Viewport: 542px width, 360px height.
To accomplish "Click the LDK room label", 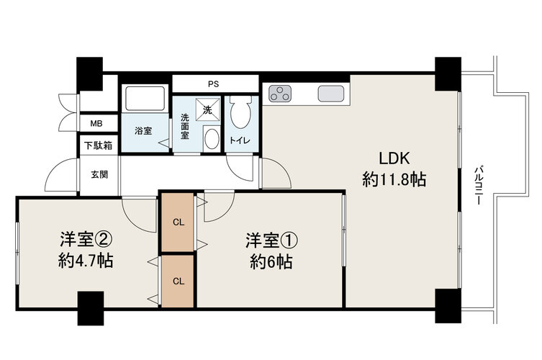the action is click(x=394, y=158).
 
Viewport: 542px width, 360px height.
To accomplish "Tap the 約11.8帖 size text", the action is click(x=394, y=179).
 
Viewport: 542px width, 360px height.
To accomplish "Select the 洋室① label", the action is click(x=271, y=240).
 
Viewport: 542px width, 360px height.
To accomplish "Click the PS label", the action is click(x=214, y=84).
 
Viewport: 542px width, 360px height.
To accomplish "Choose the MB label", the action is click(x=96, y=123).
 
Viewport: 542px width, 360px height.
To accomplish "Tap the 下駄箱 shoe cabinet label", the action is click(x=99, y=145).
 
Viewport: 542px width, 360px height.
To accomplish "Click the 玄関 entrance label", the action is click(x=99, y=175).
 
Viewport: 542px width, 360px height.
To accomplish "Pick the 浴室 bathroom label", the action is click(x=143, y=131).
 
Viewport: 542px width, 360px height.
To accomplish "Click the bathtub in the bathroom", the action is click(x=145, y=99).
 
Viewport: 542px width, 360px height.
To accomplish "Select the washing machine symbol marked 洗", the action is click(x=208, y=109).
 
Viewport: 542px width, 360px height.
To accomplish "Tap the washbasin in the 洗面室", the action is click(x=212, y=139).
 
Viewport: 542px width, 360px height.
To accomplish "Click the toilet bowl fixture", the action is click(x=240, y=112).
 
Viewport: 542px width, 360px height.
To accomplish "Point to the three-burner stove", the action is click(x=280, y=94).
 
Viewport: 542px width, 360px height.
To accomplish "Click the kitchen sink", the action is click(x=331, y=94).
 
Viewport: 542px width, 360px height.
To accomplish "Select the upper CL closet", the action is click(x=178, y=222).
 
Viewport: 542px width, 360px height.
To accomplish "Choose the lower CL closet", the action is click(x=178, y=281).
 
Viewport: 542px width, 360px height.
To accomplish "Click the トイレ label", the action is click(x=240, y=140).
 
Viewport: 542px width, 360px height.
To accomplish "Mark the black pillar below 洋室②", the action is click(x=91, y=308).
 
